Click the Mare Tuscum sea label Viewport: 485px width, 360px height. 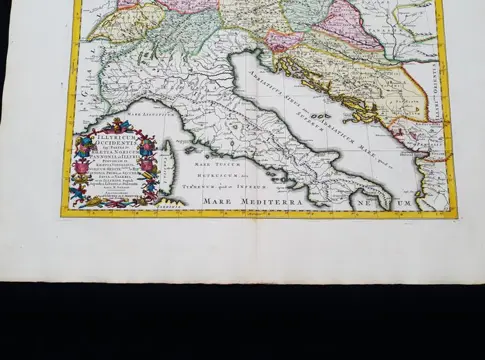point(205,162)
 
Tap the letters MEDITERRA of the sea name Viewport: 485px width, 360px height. point(272,201)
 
